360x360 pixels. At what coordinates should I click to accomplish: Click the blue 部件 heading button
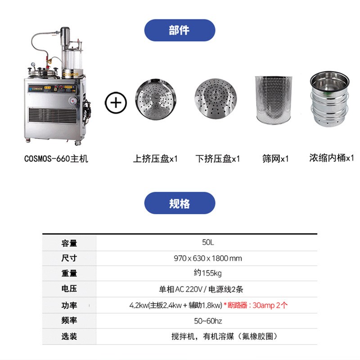(x=180, y=30)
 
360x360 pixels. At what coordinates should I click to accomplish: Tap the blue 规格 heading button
(x=180, y=203)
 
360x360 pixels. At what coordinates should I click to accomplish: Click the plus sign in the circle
(x=116, y=102)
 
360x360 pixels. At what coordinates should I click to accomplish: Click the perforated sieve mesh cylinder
(x=274, y=100)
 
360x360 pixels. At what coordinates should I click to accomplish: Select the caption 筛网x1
(x=275, y=159)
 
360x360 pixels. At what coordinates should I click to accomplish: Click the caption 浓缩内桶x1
(x=332, y=158)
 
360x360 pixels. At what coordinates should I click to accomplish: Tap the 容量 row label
(x=69, y=243)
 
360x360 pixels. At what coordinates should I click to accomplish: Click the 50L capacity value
(x=208, y=243)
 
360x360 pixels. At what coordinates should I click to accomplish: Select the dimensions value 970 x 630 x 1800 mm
(x=208, y=258)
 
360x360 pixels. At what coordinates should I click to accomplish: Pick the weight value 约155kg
(x=208, y=273)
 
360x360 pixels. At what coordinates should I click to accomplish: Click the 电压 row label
(x=69, y=289)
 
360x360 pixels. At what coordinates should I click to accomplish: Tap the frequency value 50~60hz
(x=208, y=321)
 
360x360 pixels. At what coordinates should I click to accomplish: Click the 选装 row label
(x=69, y=336)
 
